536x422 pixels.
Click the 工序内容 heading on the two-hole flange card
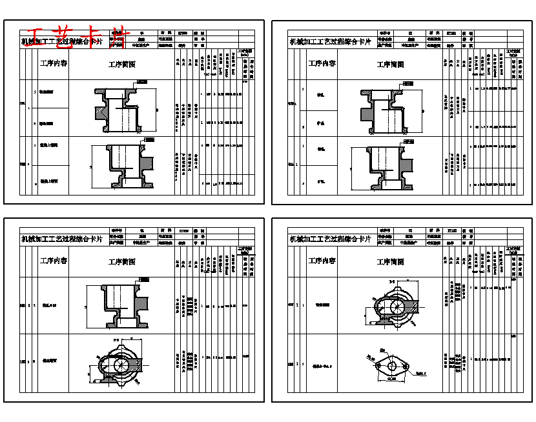pyautogui.click(x=322, y=261)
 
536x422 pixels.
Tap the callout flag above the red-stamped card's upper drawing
pyautogui.click(x=141, y=83)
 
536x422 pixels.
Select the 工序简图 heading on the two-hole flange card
pyautogui.click(x=390, y=262)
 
